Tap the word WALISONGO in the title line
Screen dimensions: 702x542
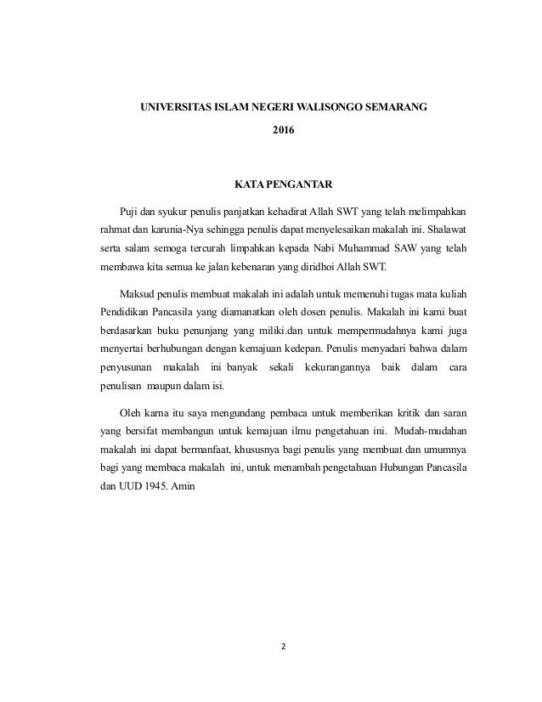(x=332, y=108)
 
